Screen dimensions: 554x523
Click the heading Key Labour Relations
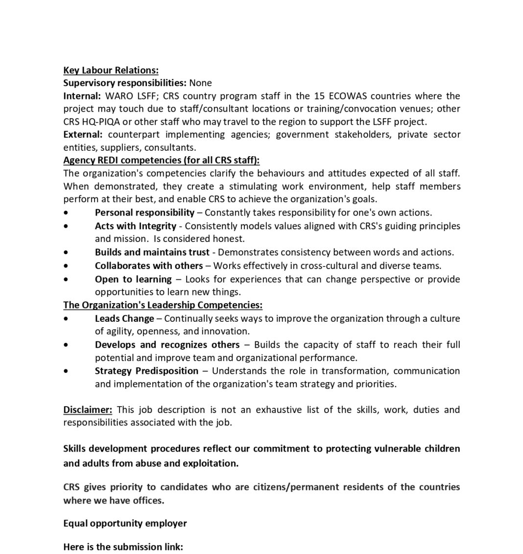pyautogui.click(x=111, y=71)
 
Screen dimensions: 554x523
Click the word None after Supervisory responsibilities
pyautogui.click(x=200, y=83)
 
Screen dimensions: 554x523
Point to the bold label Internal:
pyautogui.click(x=82, y=96)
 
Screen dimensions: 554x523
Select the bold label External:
pyautogui.click(x=83, y=134)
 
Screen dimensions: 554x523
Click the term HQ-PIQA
pyautogui.click(x=100, y=121)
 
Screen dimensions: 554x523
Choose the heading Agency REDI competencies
pyautogui.click(x=161, y=160)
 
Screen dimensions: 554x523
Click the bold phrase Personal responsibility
pyautogui.click(x=144, y=213)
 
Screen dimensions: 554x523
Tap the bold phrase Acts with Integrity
pyautogui.click(x=136, y=226)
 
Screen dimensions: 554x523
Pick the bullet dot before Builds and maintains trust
pyautogui.click(x=66, y=253)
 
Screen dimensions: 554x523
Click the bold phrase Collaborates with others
pyautogui.click(x=149, y=265)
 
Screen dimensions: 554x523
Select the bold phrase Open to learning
pyautogui.click(x=133, y=279)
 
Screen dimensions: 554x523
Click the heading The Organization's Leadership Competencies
pyautogui.click(x=163, y=305)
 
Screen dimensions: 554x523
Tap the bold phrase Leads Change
pyautogui.click(x=124, y=318)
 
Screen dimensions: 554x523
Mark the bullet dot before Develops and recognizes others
pyautogui.click(x=66, y=345)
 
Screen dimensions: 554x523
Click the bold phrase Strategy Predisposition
pyautogui.click(x=146, y=371)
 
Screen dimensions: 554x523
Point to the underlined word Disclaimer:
pyautogui.click(x=88, y=409)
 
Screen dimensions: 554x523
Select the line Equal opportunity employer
pyautogui.click(x=125, y=523)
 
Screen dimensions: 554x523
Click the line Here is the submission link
pyautogui.click(x=123, y=547)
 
